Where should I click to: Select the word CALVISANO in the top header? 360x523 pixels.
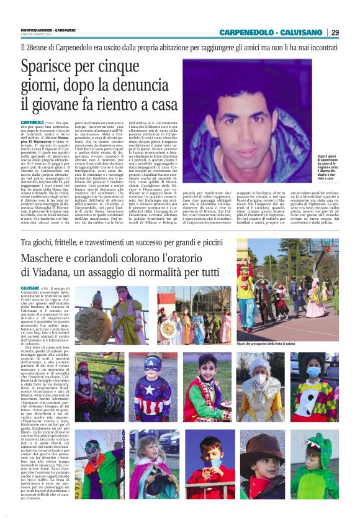[x=299, y=32]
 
